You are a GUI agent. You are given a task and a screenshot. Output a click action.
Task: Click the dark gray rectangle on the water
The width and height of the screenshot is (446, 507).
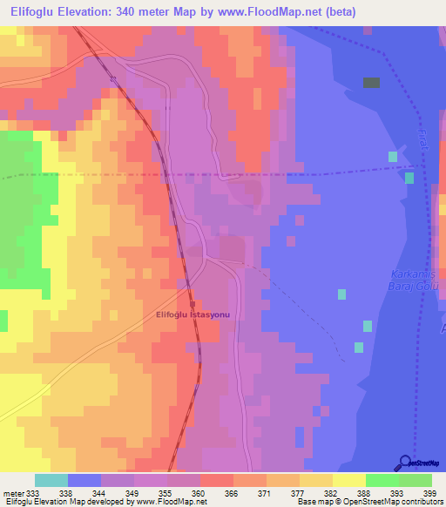tap(371, 83)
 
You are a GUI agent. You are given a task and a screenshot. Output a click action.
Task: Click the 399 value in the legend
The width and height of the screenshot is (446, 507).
tap(430, 492)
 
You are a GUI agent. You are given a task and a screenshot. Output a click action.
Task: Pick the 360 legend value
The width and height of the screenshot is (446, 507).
tap(199, 492)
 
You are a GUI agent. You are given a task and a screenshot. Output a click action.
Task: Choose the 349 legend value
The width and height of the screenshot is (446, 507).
tap(132, 492)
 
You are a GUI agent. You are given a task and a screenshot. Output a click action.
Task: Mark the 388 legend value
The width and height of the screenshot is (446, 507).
tap(364, 492)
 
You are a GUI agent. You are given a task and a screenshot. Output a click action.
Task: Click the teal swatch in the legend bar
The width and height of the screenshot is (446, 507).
tap(51, 480)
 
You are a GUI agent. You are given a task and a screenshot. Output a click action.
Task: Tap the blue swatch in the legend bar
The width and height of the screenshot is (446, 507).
tap(84, 480)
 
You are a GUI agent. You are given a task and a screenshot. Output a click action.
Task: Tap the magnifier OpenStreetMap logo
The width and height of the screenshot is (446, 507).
tap(405, 463)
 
